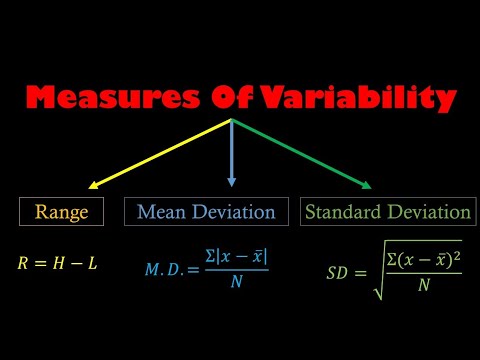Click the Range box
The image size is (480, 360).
[x=62, y=212]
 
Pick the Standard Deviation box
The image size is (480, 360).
[x=387, y=212]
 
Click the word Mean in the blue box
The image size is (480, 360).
[x=159, y=212]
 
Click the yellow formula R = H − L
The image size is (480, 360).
[x=57, y=264]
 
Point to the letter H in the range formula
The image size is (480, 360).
[x=62, y=264]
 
